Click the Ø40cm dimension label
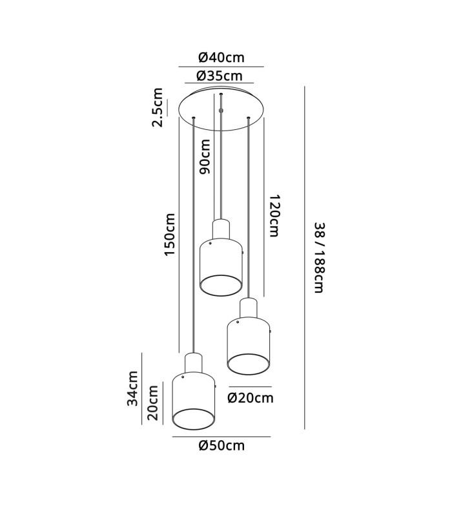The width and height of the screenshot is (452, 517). pyautogui.click(x=221, y=58)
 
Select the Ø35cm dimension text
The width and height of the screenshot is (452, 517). pyautogui.click(x=220, y=76)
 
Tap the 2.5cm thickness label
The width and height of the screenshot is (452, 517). pyautogui.click(x=158, y=107)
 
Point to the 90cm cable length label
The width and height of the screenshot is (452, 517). pyautogui.click(x=204, y=156)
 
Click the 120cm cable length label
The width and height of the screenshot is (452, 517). pyautogui.click(x=274, y=216)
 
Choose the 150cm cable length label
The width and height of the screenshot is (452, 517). pyautogui.click(x=170, y=234)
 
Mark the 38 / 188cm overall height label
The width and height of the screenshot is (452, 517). pyautogui.click(x=320, y=258)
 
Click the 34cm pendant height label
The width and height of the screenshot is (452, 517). pyautogui.click(x=133, y=388)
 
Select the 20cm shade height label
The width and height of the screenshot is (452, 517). pyautogui.click(x=153, y=403)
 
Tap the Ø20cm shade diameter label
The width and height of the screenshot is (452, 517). pyautogui.click(x=251, y=398)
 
